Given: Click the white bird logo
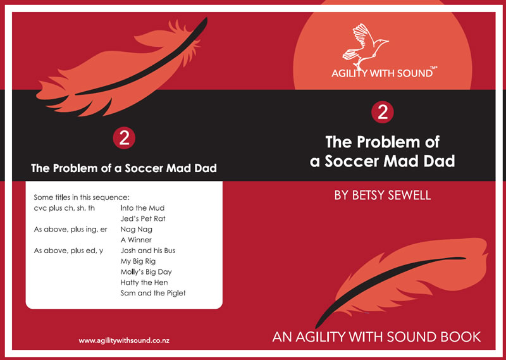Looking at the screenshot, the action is [x=365, y=44].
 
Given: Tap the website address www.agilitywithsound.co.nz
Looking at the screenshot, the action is [x=124, y=340].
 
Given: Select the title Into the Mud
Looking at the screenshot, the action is [x=142, y=208].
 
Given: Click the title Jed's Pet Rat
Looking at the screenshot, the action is [x=143, y=218].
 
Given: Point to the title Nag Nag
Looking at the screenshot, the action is [x=137, y=230].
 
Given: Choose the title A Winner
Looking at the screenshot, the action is [x=136, y=240].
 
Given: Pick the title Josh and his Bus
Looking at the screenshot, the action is [x=148, y=251].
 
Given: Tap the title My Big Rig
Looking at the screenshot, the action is [x=138, y=261].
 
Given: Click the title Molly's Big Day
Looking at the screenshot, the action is [x=146, y=272].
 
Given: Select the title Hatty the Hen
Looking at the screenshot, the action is [x=144, y=283].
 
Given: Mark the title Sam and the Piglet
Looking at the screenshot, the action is [x=153, y=293].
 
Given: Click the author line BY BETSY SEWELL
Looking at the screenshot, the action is [x=383, y=196].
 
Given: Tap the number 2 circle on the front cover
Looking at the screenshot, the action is [x=383, y=113].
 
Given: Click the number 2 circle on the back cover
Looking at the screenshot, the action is [x=124, y=138].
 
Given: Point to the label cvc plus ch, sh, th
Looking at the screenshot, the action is [x=65, y=208].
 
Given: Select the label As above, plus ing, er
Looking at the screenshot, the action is [x=71, y=230].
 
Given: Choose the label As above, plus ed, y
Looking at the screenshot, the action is [x=68, y=251].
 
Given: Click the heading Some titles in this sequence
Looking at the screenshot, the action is [x=82, y=197].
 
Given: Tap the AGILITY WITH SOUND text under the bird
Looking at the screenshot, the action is [x=382, y=73].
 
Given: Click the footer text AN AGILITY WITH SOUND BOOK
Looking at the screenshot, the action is [x=376, y=337].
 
